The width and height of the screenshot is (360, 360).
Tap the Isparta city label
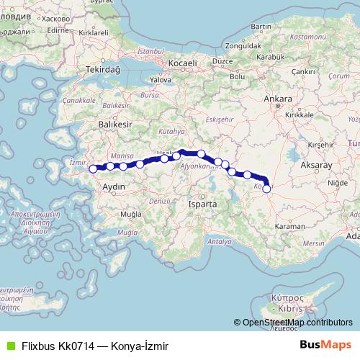pyautogui.click(x=202, y=204)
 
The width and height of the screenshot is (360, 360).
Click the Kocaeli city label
pyautogui.click(x=183, y=63)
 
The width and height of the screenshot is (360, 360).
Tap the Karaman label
pyautogui.click(x=291, y=226)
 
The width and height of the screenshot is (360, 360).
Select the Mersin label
pyautogui.click(x=312, y=243)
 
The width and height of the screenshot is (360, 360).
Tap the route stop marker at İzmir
pyautogui.click(x=92, y=169)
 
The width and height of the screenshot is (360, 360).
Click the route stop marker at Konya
pyautogui.click(x=266, y=189)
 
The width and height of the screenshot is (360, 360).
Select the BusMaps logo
pyautogui.click(x=326, y=346)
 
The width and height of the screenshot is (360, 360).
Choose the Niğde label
pyautogui.click(x=336, y=183)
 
